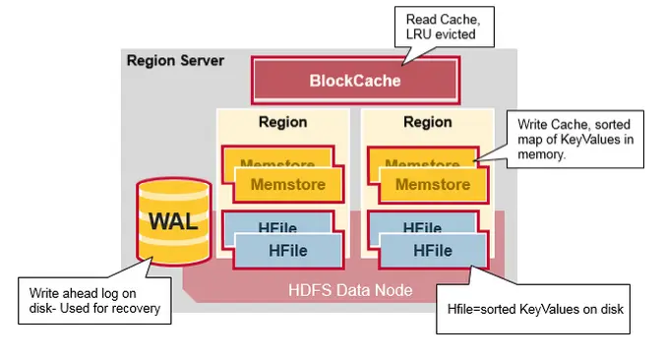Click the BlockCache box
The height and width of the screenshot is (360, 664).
click(355, 81)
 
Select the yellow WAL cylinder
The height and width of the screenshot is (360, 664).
click(172, 222)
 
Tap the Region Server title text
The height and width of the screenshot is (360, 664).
click(175, 61)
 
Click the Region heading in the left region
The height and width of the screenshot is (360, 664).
click(282, 123)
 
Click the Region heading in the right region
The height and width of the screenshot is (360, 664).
click(428, 123)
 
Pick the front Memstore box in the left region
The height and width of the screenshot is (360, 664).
click(287, 184)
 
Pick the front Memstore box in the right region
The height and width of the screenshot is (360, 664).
click(433, 184)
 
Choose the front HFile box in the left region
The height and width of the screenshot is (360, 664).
click(287, 251)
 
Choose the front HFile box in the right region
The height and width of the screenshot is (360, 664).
click(433, 251)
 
